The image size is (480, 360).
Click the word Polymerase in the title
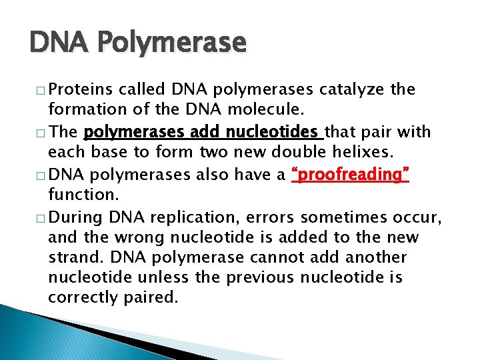(x=173, y=44)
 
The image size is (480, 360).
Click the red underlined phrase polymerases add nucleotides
(x=203, y=131)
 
